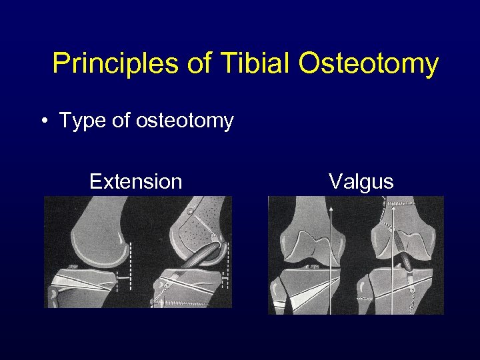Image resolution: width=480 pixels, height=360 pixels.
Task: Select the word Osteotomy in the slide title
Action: pos(368,64)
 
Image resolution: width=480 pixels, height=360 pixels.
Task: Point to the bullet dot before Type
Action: pos(43,121)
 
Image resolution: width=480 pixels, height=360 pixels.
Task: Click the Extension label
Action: pos(135,181)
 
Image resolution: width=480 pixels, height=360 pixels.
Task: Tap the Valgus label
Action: pos(361,181)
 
